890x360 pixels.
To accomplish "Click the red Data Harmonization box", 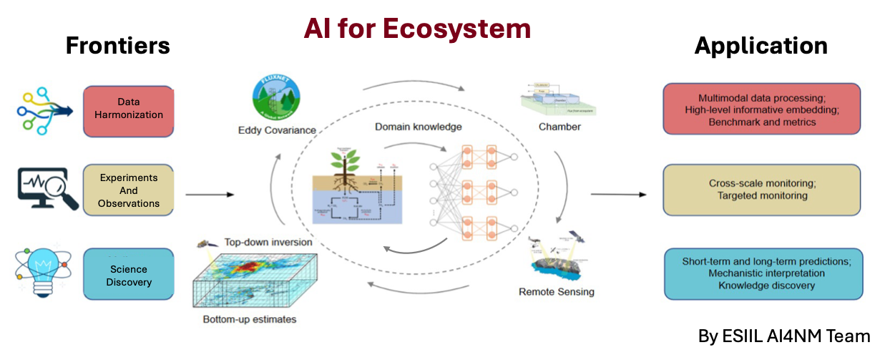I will [x=129, y=111].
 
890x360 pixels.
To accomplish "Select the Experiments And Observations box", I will [x=129, y=190].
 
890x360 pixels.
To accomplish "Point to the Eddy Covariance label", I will [x=276, y=130].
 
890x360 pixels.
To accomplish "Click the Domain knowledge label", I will [x=419, y=127].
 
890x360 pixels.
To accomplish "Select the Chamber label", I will [x=560, y=127].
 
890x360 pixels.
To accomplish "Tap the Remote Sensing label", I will [x=556, y=291].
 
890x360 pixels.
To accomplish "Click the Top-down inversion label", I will [x=268, y=242].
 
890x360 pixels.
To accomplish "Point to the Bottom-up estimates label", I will [x=249, y=319].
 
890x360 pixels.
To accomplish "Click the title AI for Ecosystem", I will [x=418, y=29].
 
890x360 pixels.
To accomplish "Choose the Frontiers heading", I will [x=118, y=46].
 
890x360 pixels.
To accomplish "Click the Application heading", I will [x=761, y=46].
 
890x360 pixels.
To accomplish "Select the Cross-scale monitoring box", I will [x=761, y=190].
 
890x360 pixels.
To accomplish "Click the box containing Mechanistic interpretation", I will [x=763, y=273].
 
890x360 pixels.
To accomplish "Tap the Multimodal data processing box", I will [x=761, y=110].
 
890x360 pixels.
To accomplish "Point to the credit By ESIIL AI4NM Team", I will [x=784, y=336].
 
